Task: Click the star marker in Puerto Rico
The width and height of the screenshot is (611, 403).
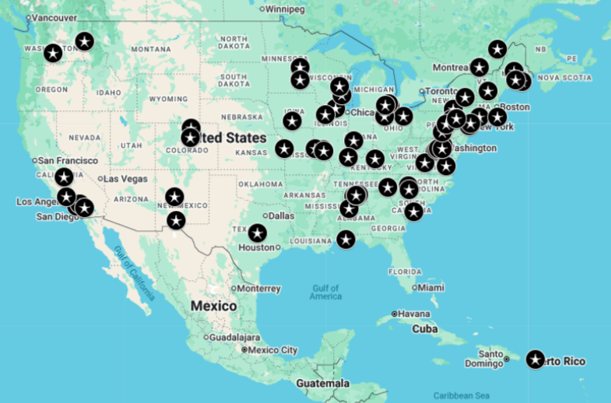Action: [535, 359]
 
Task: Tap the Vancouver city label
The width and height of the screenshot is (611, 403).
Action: [54, 17]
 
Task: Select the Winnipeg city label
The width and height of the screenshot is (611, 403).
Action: [286, 9]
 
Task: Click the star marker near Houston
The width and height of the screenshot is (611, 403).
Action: [257, 233]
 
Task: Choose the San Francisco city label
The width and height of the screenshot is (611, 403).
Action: [68, 160]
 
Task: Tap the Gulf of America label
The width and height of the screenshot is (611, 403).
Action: [325, 292]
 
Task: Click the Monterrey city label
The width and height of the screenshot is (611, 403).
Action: [258, 289]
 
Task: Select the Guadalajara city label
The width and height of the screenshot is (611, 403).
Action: [235, 338]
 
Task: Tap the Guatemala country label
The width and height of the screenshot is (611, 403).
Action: [322, 384]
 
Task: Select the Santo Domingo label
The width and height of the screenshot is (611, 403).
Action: [483, 359]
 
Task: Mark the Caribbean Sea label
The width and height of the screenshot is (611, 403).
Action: [462, 395]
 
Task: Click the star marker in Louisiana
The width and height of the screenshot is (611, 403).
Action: [346, 240]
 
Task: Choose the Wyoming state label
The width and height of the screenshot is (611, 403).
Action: [168, 99]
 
